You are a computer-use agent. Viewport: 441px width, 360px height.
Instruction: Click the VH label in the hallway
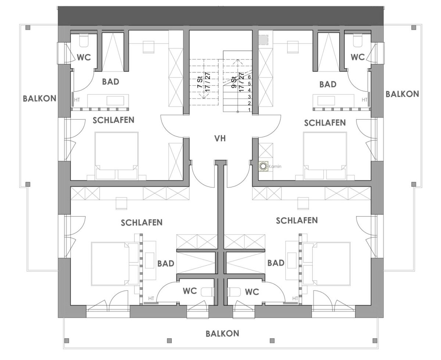click(x=220, y=138)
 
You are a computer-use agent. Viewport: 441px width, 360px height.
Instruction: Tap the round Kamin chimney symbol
click(x=263, y=166)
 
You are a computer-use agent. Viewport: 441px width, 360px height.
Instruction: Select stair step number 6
click(x=249, y=77)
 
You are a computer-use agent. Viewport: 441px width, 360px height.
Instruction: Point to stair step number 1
click(x=249, y=110)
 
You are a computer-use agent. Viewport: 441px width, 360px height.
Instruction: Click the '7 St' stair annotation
click(x=200, y=82)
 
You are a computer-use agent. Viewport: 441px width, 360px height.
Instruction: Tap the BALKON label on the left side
click(x=39, y=98)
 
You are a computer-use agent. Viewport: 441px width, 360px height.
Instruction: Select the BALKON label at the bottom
click(x=222, y=334)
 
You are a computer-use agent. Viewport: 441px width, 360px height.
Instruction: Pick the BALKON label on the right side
click(x=402, y=94)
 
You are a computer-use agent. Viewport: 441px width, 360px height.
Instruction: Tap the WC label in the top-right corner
click(x=358, y=57)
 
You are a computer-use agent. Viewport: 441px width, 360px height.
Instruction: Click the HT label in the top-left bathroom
click(x=77, y=100)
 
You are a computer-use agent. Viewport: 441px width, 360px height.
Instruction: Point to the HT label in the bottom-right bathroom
click(x=295, y=299)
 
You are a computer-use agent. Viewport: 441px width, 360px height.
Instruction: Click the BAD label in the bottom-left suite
click(x=165, y=264)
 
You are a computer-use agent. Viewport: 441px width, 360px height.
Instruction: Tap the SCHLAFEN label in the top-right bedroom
click(x=325, y=123)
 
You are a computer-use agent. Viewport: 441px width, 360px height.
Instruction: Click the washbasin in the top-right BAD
click(x=326, y=100)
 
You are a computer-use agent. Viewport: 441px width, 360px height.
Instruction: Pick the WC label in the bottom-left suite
click(x=191, y=291)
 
